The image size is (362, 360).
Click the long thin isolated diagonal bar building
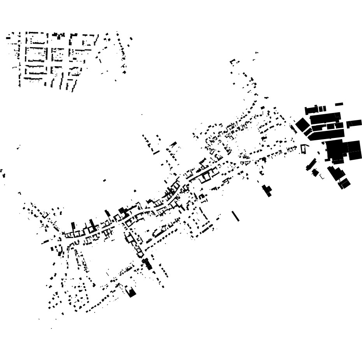(x=235, y=216)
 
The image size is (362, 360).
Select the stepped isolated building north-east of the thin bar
(x=267, y=190)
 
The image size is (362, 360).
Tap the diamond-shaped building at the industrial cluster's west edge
(x=302, y=125)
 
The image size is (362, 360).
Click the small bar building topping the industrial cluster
(x=339, y=104)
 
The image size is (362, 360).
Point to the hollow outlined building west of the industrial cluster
(x=304, y=149)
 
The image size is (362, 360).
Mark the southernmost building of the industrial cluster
(x=344, y=184)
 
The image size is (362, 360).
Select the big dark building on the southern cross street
(x=147, y=264)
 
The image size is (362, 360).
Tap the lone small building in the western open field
(x=104, y=180)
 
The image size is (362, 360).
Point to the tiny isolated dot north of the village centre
(x=142, y=115)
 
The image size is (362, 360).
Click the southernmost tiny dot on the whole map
(x=51, y=328)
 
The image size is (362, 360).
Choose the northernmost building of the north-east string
(x=257, y=53)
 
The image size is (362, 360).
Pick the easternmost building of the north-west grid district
(x=131, y=39)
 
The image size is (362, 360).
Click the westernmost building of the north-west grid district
(x=8, y=37)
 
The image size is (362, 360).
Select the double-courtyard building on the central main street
(x=205, y=176)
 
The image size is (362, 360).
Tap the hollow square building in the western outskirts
(x=45, y=215)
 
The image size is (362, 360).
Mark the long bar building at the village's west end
(x=46, y=242)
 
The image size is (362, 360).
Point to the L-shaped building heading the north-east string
(x=233, y=61)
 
